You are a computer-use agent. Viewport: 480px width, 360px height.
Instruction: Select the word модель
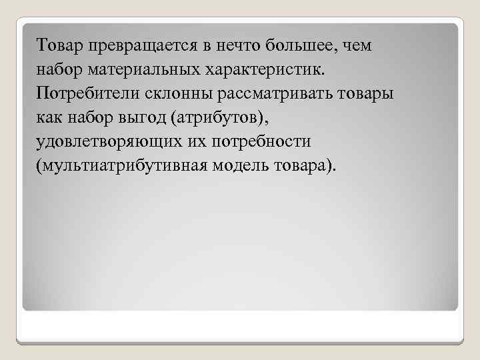pos(241,164)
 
